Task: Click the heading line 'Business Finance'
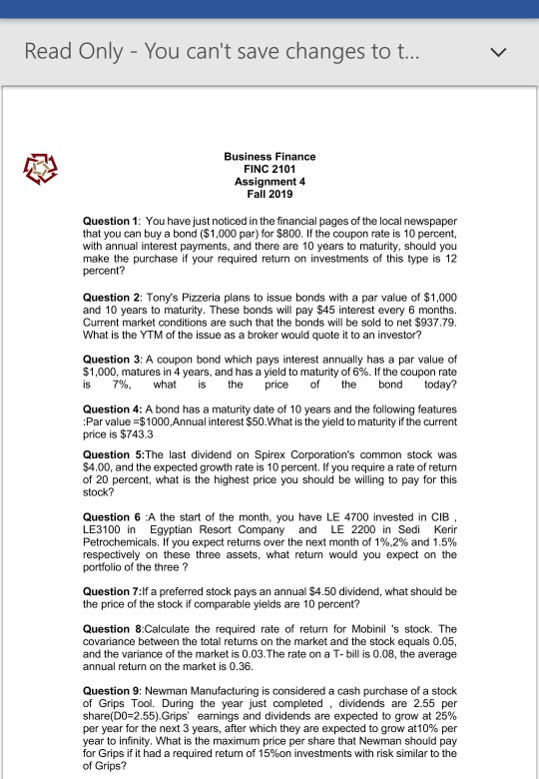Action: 269,157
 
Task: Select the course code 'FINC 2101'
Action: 269,170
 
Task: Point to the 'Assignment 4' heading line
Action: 269,183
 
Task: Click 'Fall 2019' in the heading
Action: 269,196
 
